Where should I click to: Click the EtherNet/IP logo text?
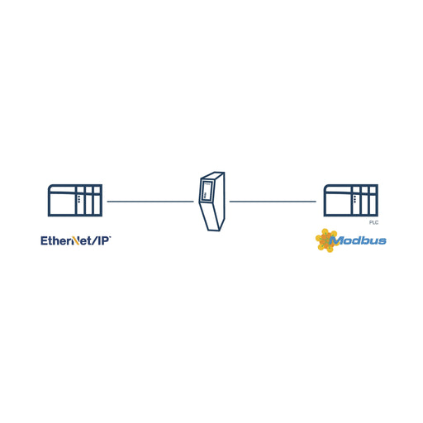(x=76, y=240)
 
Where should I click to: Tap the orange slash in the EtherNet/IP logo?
(x=77, y=241)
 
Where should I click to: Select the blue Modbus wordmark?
(x=358, y=240)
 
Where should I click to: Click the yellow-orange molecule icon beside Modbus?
(x=326, y=240)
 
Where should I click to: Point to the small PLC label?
(x=373, y=222)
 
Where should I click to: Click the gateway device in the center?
(x=211, y=202)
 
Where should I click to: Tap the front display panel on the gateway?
(x=207, y=190)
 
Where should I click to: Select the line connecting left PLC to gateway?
(x=150, y=202)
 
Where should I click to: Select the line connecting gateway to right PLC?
(x=273, y=202)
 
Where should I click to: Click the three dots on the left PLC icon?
(x=79, y=199)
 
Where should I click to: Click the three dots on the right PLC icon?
(x=354, y=199)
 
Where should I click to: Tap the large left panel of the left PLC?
(x=63, y=203)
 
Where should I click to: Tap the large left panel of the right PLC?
(x=338, y=203)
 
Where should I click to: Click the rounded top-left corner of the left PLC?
(x=50, y=186)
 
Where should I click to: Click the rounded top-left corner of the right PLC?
(x=326, y=186)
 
